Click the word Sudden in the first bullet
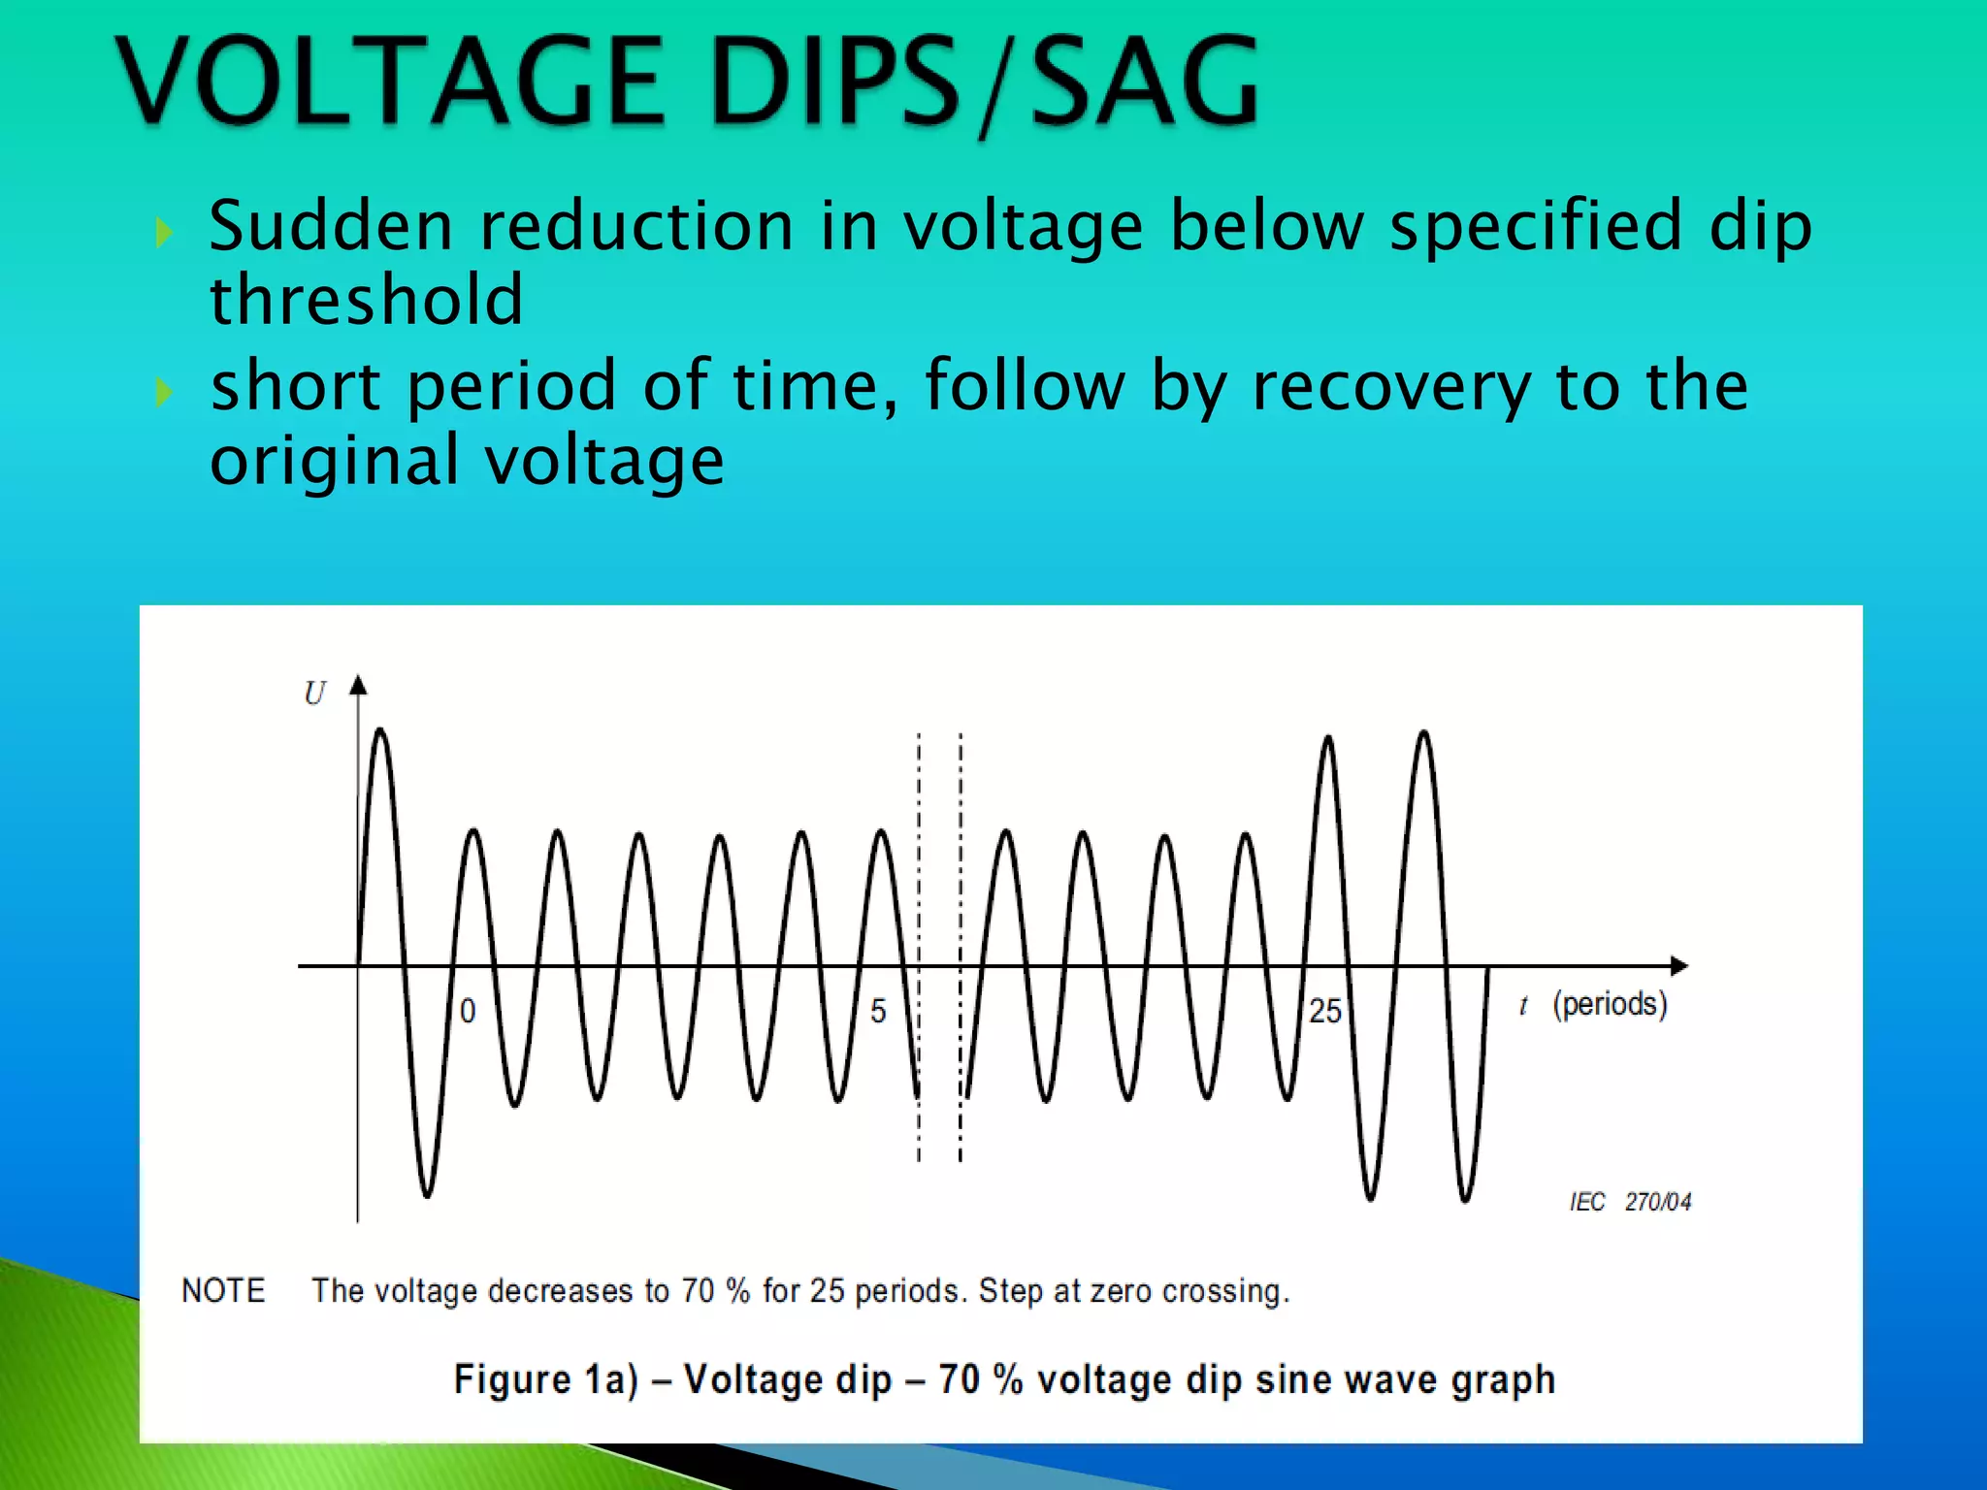click(x=331, y=225)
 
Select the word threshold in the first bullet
click(x=367, y=300)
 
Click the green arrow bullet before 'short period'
click(x=164, y=392)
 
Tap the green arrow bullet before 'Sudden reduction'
click(x=164, y=232)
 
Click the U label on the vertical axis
click(x=314, y=694)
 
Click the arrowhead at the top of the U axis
click(x=358, y=685)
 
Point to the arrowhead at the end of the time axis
click(x=1678, y=965)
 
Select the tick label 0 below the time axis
click(x=468, y=1011)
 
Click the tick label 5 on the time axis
click(x=878, y=1011)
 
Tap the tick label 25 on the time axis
click(x=1324, y=1011)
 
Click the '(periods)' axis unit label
click(x=1610, y=1004)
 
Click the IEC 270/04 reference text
click(x=1630, y=1202)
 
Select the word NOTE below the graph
click(x=223, y=1291)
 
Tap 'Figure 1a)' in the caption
click(x=545, y=1379)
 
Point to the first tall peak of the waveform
click(x=380, y=731)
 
